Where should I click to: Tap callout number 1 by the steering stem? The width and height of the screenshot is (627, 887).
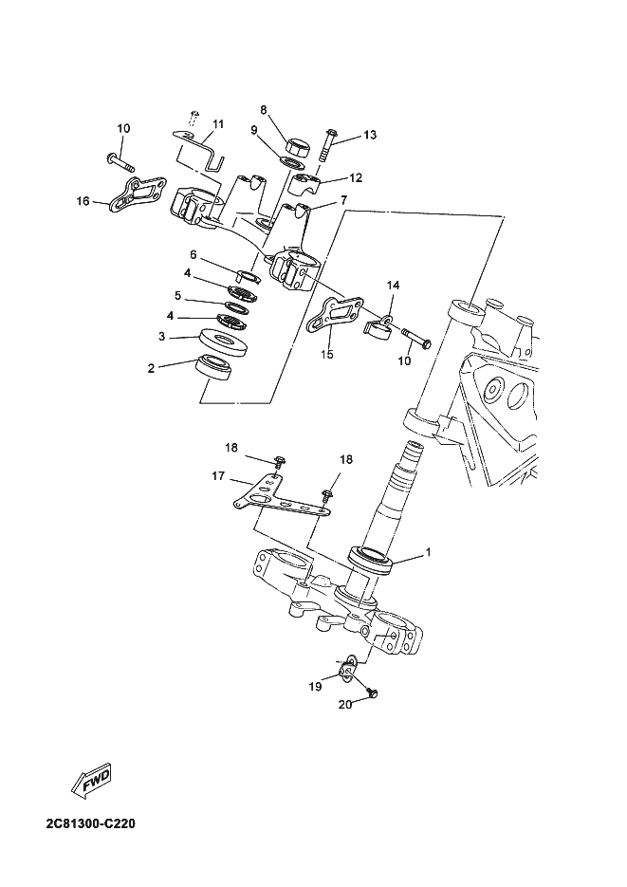pyautogui.click(x=428, y=551)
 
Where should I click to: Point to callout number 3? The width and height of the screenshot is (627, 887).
pyautogui.click(x=161, y=335)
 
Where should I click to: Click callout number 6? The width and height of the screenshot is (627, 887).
pyautogui.click(x=193, y=254)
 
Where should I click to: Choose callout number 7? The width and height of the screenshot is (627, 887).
pyautogui.click(x=343, y=200)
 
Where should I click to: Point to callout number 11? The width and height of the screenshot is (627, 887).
pyautogui.click(x=218, y=124)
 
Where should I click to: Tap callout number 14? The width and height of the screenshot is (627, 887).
pyautogui.click(x=394, y=285)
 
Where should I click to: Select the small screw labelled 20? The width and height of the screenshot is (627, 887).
pyautogui.click(x=371, y=694)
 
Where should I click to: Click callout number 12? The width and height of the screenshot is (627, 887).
pyautogui.click(x=356, y=177)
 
